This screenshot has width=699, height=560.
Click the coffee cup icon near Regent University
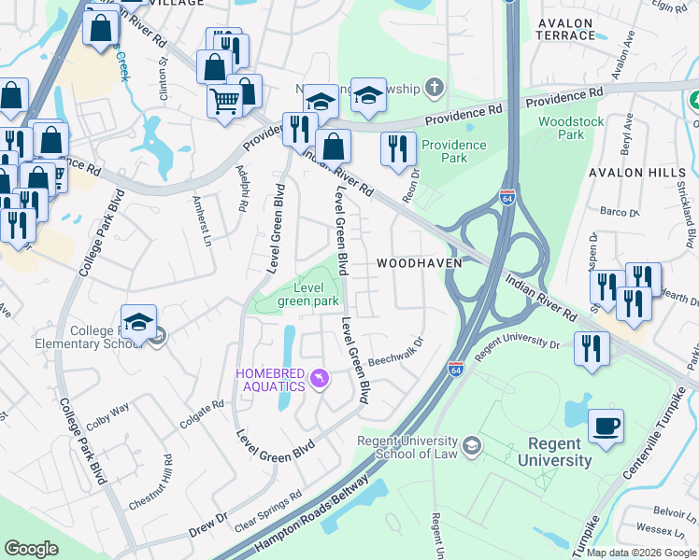[x=606, y=427]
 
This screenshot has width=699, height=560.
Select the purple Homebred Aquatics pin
[x=320, y=377]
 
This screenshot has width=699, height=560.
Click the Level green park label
[x=307, y=295]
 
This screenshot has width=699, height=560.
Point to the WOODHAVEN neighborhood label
[x=420, y=264]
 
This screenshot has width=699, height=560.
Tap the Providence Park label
[x=454, y=151]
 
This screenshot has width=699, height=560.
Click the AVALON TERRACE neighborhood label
[x=565, y=29]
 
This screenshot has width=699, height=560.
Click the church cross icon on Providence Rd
[x=433, y=88]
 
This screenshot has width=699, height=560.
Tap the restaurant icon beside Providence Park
[x=399, y=148]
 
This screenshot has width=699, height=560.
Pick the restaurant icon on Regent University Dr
[x=592, y=347]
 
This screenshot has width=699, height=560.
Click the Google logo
[x=32, y=549]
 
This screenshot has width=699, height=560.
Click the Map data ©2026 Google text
[x=632, y=553]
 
